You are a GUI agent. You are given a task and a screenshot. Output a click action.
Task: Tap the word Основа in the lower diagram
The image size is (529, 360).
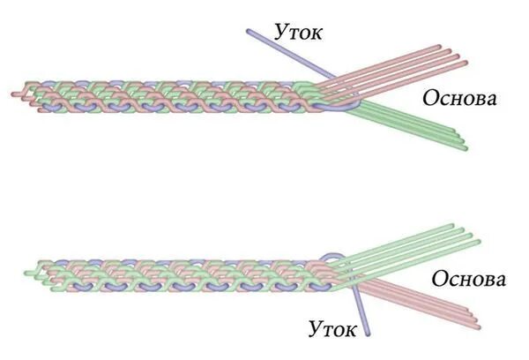468,281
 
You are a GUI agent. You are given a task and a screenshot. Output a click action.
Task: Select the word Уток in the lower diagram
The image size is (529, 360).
333,329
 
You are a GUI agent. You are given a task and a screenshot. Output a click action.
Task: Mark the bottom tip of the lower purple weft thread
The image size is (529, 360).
367,334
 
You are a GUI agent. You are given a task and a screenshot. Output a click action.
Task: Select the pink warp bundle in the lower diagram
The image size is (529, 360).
423,300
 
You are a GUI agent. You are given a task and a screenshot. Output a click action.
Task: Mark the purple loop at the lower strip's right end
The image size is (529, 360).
334,258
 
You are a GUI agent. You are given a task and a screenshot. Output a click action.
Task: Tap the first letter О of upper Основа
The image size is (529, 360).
430,98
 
